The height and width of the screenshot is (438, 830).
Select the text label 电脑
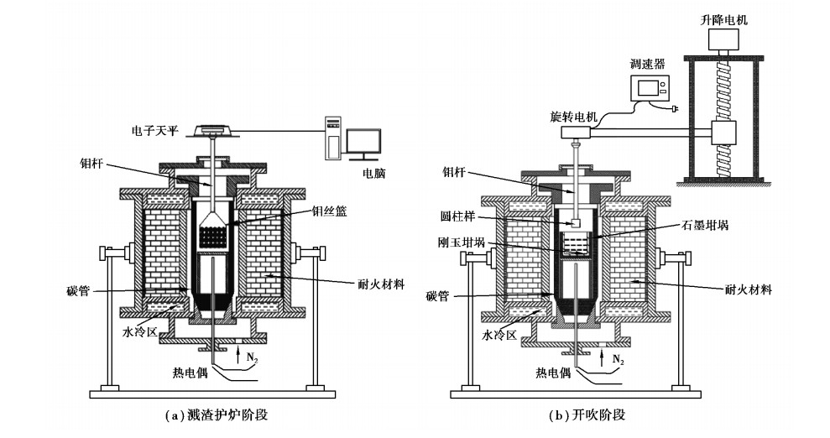[x=374, y=175]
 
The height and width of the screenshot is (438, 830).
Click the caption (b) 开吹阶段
[x=587, y=415]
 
